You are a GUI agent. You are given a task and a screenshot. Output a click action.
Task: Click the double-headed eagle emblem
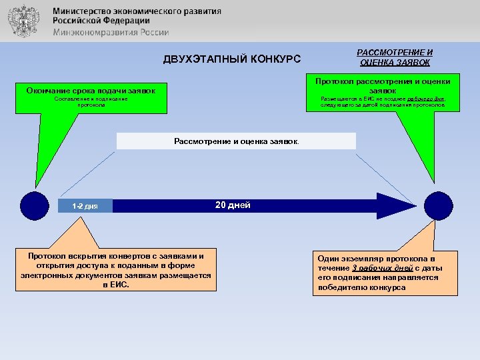(x=23, y=21)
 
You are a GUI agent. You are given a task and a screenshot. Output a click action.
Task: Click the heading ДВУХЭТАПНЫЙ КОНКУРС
(x=232, y=59)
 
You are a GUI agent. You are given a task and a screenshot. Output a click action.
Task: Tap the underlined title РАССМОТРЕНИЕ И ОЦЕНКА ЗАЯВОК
(x=395, y=57)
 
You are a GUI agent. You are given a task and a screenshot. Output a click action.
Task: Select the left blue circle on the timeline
(x=35, y=205)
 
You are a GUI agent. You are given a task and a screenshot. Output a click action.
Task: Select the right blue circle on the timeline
(x=438, y=205)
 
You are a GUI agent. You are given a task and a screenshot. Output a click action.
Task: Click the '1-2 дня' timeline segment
(x=85, y=206)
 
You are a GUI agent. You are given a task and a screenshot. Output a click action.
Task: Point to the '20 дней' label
(x=233, y=205)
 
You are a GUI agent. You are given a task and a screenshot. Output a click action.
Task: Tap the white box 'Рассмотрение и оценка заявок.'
(x=236, y=141)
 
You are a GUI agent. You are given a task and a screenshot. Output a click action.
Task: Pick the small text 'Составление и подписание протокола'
(x=91, y=101)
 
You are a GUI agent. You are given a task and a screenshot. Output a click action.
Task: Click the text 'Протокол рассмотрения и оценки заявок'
(x=383, y=85)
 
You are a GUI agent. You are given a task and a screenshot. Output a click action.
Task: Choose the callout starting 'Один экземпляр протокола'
(x=385, y=273)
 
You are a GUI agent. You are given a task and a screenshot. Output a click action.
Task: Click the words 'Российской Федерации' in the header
(x=101, y=21)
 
